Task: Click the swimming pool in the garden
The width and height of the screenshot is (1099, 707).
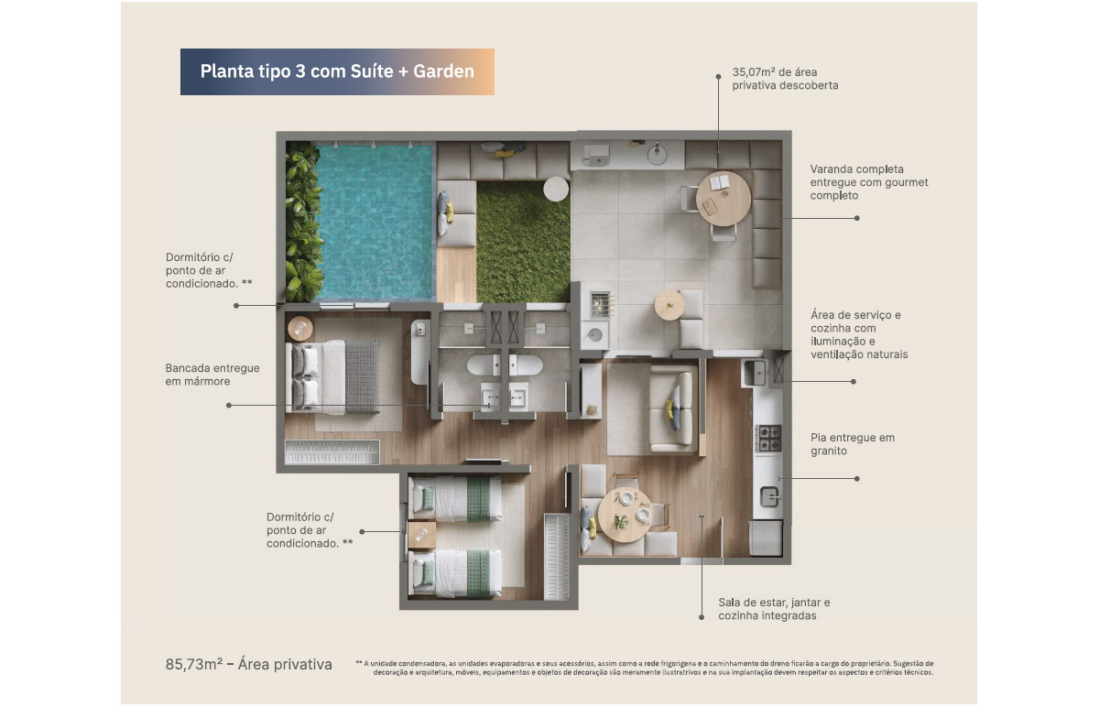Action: (375, 222)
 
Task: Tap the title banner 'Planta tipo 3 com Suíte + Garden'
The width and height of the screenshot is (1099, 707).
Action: (337, 71)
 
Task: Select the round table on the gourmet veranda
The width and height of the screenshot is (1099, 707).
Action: (724, 198)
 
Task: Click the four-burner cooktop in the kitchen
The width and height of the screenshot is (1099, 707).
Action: (768, 438)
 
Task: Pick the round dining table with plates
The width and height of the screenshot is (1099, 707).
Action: (625, 516)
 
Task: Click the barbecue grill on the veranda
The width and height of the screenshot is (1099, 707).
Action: (600, 304)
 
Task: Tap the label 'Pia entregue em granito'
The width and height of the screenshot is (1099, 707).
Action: (853, 444)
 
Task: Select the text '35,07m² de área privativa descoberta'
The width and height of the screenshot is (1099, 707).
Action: (785, 79)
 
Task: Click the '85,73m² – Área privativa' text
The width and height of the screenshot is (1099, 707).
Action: (249, 664)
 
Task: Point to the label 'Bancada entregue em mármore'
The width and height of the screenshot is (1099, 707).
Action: (212, 375)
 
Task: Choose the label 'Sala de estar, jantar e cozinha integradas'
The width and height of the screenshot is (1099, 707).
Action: (774, 609)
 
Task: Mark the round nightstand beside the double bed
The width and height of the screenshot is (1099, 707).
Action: (300, 328)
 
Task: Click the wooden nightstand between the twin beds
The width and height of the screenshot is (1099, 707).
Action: (421, 535)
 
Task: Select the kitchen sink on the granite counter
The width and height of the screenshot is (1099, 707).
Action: (769, 497)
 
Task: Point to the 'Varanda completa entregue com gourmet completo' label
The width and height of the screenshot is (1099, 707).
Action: (869, 182)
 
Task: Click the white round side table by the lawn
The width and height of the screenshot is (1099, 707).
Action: (556, 189)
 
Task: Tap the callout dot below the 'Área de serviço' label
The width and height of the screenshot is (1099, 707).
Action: (854, 381)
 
